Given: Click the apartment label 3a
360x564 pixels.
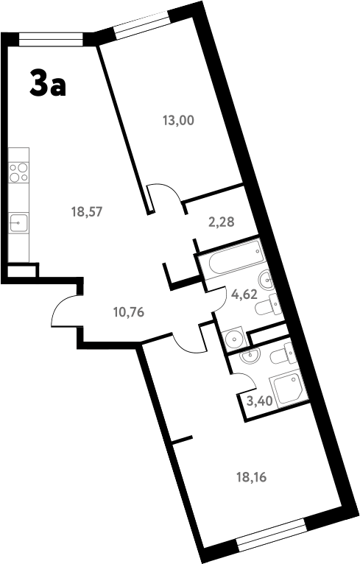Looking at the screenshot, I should (48, 83).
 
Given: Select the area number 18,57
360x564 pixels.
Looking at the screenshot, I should (85, 211).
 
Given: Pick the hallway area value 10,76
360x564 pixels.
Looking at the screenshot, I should (128, 311).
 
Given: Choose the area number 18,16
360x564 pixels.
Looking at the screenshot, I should (250, 476).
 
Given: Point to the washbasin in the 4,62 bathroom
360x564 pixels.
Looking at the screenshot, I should (266, 279).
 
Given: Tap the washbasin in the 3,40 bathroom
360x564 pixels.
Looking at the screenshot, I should (250, 356).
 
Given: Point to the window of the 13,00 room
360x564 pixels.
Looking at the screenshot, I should (141, 24).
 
